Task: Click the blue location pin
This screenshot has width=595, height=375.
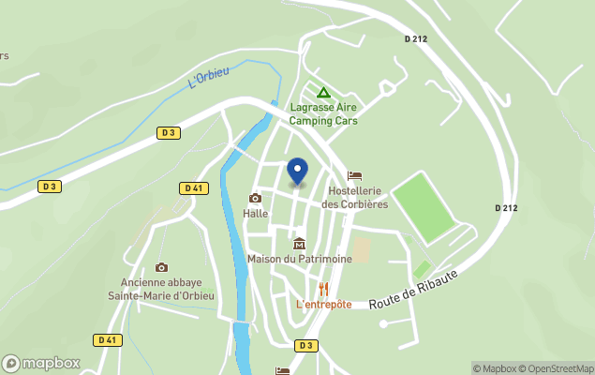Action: [x=297, y=172]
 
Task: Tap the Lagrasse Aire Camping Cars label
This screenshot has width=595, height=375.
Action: [x=323, y=113]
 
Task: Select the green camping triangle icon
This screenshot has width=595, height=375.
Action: [x=323, y=93]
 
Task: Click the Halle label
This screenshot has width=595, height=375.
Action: [x=255, y=213]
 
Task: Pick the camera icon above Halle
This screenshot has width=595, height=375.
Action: [x=255, y=198]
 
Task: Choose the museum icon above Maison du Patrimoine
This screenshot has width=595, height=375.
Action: [x=299, y=244]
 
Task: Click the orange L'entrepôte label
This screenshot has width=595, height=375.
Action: [x=323, y=304]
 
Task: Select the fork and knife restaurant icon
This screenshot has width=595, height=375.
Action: [x=324, y=288]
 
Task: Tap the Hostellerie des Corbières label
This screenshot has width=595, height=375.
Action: [x=354, y=198]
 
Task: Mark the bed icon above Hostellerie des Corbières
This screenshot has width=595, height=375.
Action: [x=354, y=175]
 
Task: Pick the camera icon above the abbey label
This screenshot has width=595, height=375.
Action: [x=161, y=267]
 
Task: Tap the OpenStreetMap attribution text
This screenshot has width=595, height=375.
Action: [x=558, y=368]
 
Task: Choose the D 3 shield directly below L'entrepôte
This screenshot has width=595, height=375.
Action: [x=305, y=345]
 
